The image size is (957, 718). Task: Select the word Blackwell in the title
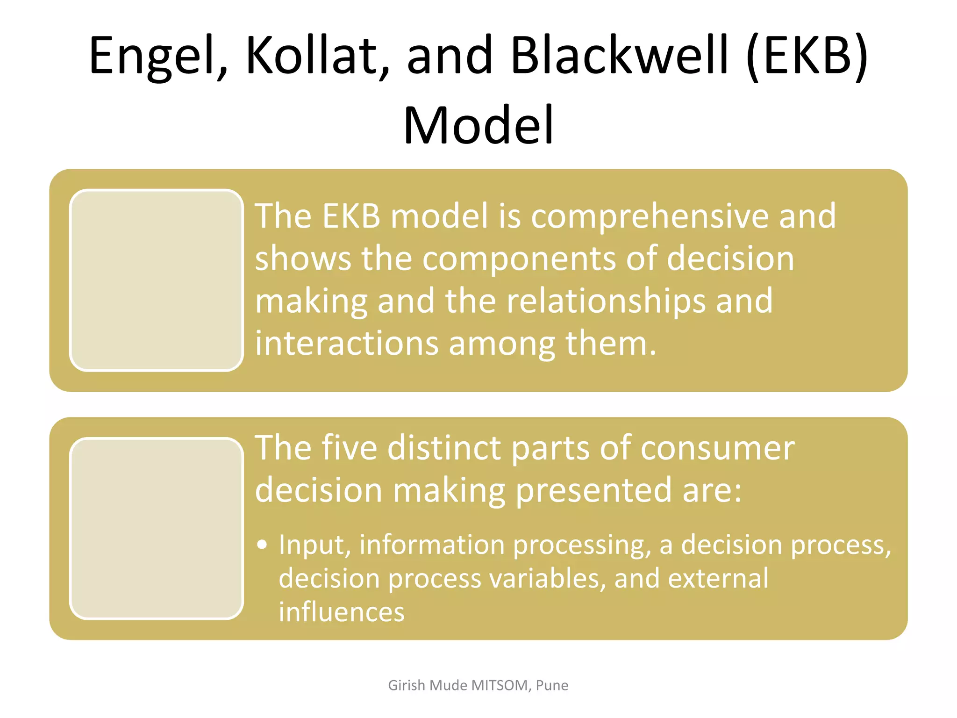click(620, 55)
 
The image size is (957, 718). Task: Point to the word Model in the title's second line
click(478, 125)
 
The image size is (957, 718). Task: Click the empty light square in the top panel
click(157, 280)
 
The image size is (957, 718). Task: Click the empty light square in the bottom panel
click(157, 528)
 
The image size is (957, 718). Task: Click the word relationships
click(606, 302)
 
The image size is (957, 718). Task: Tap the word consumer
click(717, 448)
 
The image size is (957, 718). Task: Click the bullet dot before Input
click(262, 545)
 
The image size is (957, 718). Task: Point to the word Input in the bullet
click(314, 545)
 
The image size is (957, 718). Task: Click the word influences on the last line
click(342, 612)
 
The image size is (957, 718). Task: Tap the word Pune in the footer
click(552, 685)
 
